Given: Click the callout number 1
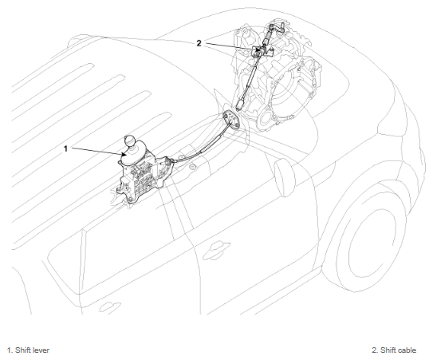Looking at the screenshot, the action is coord(65,148).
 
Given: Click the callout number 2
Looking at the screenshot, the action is coord(199,43).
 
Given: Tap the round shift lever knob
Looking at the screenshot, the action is coord(129,140).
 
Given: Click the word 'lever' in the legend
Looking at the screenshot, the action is coord(41,350).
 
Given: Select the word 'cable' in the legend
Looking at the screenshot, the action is coord(407,350).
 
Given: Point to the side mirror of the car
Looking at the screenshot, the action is coord(285,176).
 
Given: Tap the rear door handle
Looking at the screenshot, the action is coord(109,307).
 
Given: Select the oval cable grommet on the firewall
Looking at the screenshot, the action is coord(230,119).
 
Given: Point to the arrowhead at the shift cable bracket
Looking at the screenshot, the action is coord(258,49).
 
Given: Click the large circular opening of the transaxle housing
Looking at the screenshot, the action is coord(290,91).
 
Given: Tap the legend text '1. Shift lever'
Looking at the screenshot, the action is coord(28,350).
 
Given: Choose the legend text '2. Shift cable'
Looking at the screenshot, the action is coord(394,350).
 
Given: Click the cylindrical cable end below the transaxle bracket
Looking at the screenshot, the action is coord(240,105).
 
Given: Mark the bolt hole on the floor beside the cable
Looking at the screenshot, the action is coord(192,167).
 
